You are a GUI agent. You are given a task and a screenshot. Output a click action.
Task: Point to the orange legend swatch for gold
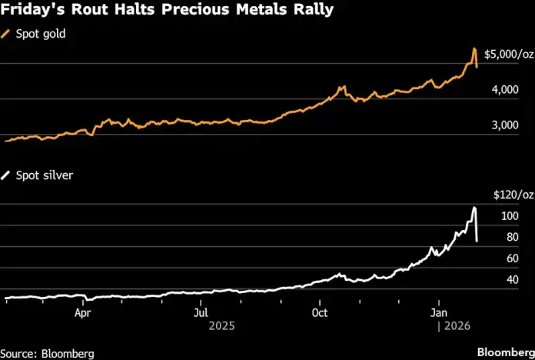click(8, 35)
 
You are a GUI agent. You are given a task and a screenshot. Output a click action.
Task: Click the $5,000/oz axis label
click(508, 54)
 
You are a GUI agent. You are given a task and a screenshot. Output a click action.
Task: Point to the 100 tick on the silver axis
click(510, 216)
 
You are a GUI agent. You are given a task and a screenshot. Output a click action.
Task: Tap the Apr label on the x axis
click(84, 313)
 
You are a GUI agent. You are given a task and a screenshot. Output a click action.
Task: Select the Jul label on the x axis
click(201, 313)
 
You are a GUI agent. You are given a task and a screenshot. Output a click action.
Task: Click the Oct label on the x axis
click(320, 313)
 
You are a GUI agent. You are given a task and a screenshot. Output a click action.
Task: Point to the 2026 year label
click(454, 326)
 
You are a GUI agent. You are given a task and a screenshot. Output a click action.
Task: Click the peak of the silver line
click(474, 208)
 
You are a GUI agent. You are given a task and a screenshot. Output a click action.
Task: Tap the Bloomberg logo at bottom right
click(503, 352)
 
